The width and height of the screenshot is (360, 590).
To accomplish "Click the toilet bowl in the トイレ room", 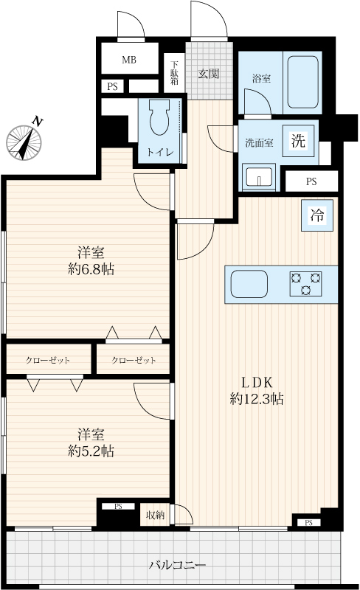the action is click(159, 117).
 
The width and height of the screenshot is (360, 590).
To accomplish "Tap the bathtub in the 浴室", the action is click(303, 82).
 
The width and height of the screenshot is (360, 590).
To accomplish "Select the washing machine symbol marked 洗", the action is click(299, 141).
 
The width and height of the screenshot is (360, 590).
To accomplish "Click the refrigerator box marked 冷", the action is click(317, 215).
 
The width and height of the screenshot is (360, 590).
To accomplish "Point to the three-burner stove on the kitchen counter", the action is click(305, 284).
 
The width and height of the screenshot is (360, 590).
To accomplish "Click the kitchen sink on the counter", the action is click(249, 284).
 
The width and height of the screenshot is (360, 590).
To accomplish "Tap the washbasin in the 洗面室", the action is click(259, 176).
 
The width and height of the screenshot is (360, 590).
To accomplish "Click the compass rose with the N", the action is click(24, 142).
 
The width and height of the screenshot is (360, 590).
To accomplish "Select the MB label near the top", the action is click(129, 60).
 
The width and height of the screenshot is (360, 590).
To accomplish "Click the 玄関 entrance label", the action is click(209, 74).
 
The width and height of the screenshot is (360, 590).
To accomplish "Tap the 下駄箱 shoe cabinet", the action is click(174, 72).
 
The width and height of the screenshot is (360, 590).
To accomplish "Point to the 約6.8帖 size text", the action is click(91, 269).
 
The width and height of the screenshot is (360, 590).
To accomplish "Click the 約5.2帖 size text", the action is click(91, 451).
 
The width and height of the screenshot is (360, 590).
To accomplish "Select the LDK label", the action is click(257, 383).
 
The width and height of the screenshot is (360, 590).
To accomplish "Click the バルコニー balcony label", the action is click(177, 565).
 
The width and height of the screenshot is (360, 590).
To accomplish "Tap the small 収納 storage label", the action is click(155, 515).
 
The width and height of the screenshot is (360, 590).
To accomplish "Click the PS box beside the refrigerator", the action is click(311, 181).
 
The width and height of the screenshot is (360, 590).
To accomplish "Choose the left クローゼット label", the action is click(48, 361).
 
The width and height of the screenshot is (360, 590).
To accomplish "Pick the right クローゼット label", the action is click(134, 361).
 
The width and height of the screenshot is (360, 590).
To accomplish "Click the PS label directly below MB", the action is click(112, 87).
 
